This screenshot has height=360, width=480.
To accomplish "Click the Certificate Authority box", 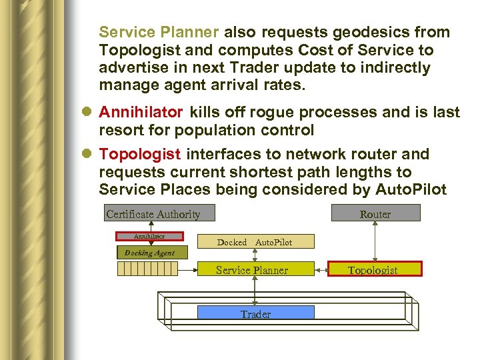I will coord(153,214).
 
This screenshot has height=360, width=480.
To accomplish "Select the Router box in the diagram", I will coord(375,213).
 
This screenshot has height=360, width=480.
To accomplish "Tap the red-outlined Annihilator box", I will coord(149,236).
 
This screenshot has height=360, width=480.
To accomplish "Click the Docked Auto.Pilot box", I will coord(255,242).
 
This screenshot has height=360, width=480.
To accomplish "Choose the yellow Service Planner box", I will coord(252,269).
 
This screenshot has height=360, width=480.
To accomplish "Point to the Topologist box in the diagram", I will coord(373,269).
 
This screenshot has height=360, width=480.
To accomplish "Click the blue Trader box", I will coord(256,313).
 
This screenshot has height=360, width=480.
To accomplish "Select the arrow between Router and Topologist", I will coord(375,241).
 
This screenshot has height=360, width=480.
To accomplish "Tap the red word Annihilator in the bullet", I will coord(141,112).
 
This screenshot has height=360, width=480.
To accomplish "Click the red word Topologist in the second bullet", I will coord(140,154).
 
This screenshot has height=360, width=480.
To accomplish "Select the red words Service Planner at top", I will coord(159,32).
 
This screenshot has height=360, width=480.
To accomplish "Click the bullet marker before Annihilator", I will coord(89,113).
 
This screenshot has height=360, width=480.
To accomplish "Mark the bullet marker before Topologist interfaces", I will coord(89,155).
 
